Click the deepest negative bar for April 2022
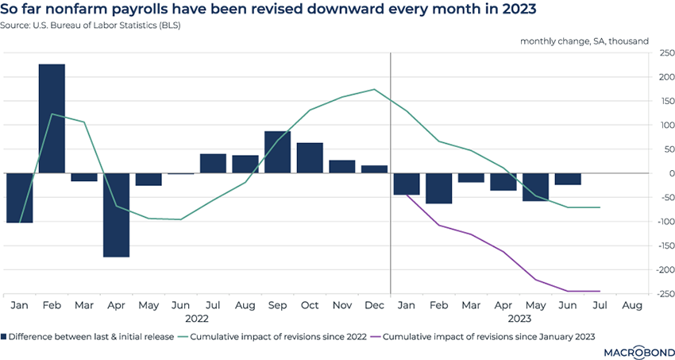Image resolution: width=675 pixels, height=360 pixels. pyautogui.click(x=116, y=215)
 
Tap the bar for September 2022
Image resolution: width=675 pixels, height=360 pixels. pyautogui.click(x=276, y=152)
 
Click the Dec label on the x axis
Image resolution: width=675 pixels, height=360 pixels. pyautogui.click(x=374, y=304)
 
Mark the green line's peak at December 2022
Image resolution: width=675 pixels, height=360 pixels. pyautogui.click(x=374, y=90)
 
